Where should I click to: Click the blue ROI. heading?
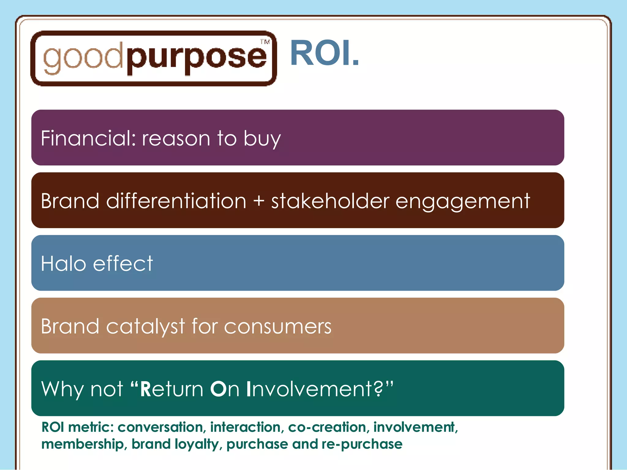pyautogui.click(x=324, y=53)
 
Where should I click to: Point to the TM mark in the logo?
pyautogui.click(x=265, y=42)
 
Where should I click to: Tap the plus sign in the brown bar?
pyautogui.click(x=259, y=201)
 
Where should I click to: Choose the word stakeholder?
pyautogui.click(x=330, y=201)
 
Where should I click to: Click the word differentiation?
pyautogui.click(x=176, y=201)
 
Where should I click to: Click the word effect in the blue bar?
pyautogui.click(x=123, y=263)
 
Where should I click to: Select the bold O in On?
pyautogui.click(x=218, y=389)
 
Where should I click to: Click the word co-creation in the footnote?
pyautogui.click(x=327, y=427)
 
